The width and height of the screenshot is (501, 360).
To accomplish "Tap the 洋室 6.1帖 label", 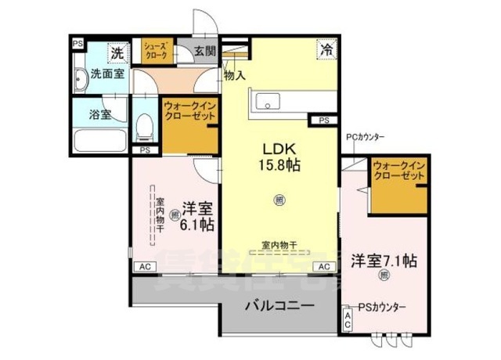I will (197, 216).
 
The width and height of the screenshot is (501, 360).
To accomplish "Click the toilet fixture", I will (144, 125).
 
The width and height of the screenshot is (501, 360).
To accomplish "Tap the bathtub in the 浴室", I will (99, 141).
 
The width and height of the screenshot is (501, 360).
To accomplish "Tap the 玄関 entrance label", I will (206, 52).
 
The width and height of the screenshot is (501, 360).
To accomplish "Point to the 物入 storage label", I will (235, 76).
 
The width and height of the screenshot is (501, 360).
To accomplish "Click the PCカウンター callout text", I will (365, 138).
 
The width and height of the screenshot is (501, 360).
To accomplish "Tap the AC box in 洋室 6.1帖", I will (144, 267).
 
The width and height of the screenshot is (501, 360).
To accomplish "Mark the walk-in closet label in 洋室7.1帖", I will (398, 171).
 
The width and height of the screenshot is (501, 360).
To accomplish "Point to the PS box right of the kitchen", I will (324, 121).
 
